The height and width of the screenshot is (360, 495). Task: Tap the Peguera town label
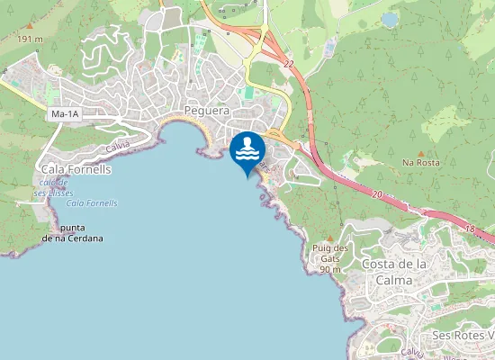tap(206, 111)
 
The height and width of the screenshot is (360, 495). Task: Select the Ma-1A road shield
tap(65, 114)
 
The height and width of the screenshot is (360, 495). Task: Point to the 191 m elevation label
tap(30, 40)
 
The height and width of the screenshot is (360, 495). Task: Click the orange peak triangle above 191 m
tap(29, 28)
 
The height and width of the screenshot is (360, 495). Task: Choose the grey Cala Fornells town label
tap(76, 168)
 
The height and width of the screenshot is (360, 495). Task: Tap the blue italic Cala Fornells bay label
tap(92, 203)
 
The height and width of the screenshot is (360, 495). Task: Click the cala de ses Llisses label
tap(53, 188)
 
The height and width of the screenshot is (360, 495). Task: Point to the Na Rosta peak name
tap(420, 163)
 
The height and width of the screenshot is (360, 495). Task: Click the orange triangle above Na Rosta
tap(421, 151)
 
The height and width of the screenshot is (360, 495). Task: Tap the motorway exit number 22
tap(288, 64)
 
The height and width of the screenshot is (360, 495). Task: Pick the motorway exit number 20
tap(377, 194)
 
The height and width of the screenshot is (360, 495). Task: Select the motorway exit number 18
tap(469, 230)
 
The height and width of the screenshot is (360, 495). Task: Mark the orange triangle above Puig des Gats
tap(329, 238)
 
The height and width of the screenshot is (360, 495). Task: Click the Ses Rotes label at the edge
tap(463, 336)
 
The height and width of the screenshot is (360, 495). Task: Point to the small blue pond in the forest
tap(390, 18)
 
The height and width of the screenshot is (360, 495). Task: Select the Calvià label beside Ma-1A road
tap(118, 146)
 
